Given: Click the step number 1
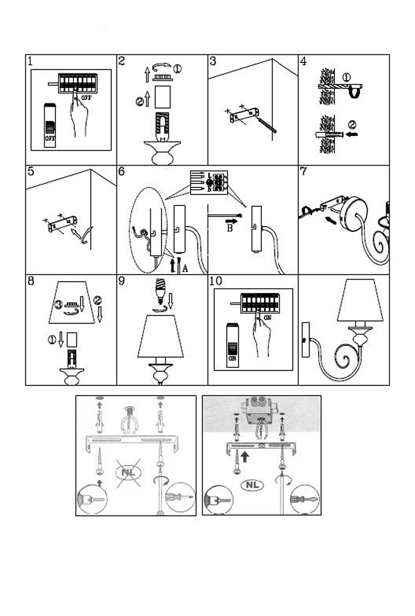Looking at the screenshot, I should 30,61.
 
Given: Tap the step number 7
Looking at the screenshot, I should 303,171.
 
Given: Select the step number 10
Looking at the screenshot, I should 216,281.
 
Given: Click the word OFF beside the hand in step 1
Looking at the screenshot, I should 86,97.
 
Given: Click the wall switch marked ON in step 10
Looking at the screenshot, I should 233,345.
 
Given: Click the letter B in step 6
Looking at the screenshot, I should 230,228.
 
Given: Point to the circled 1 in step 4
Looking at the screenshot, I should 347,77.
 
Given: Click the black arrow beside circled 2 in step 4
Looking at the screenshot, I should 352,135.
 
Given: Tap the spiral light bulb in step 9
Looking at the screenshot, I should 160,290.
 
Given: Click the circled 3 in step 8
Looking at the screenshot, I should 58,305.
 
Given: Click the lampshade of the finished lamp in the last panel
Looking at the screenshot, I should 360,301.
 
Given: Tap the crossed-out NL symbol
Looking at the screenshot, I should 128,472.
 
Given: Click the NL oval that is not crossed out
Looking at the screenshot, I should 252,485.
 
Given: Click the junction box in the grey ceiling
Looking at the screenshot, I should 259,411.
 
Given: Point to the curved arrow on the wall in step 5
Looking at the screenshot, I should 80,235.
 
